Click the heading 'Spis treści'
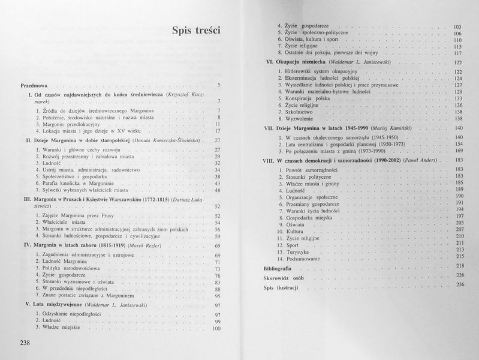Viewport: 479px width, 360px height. tap(196, 31)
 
